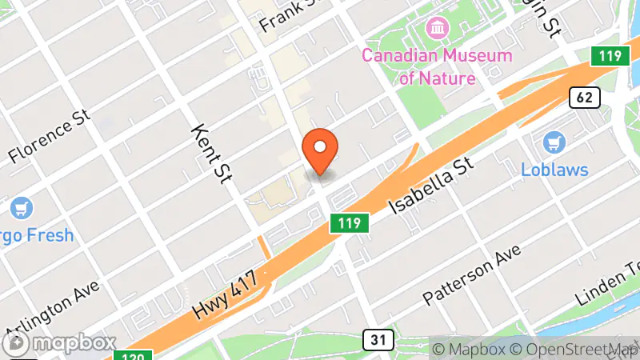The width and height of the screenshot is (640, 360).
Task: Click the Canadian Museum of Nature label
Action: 436,66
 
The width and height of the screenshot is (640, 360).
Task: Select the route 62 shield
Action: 585,98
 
